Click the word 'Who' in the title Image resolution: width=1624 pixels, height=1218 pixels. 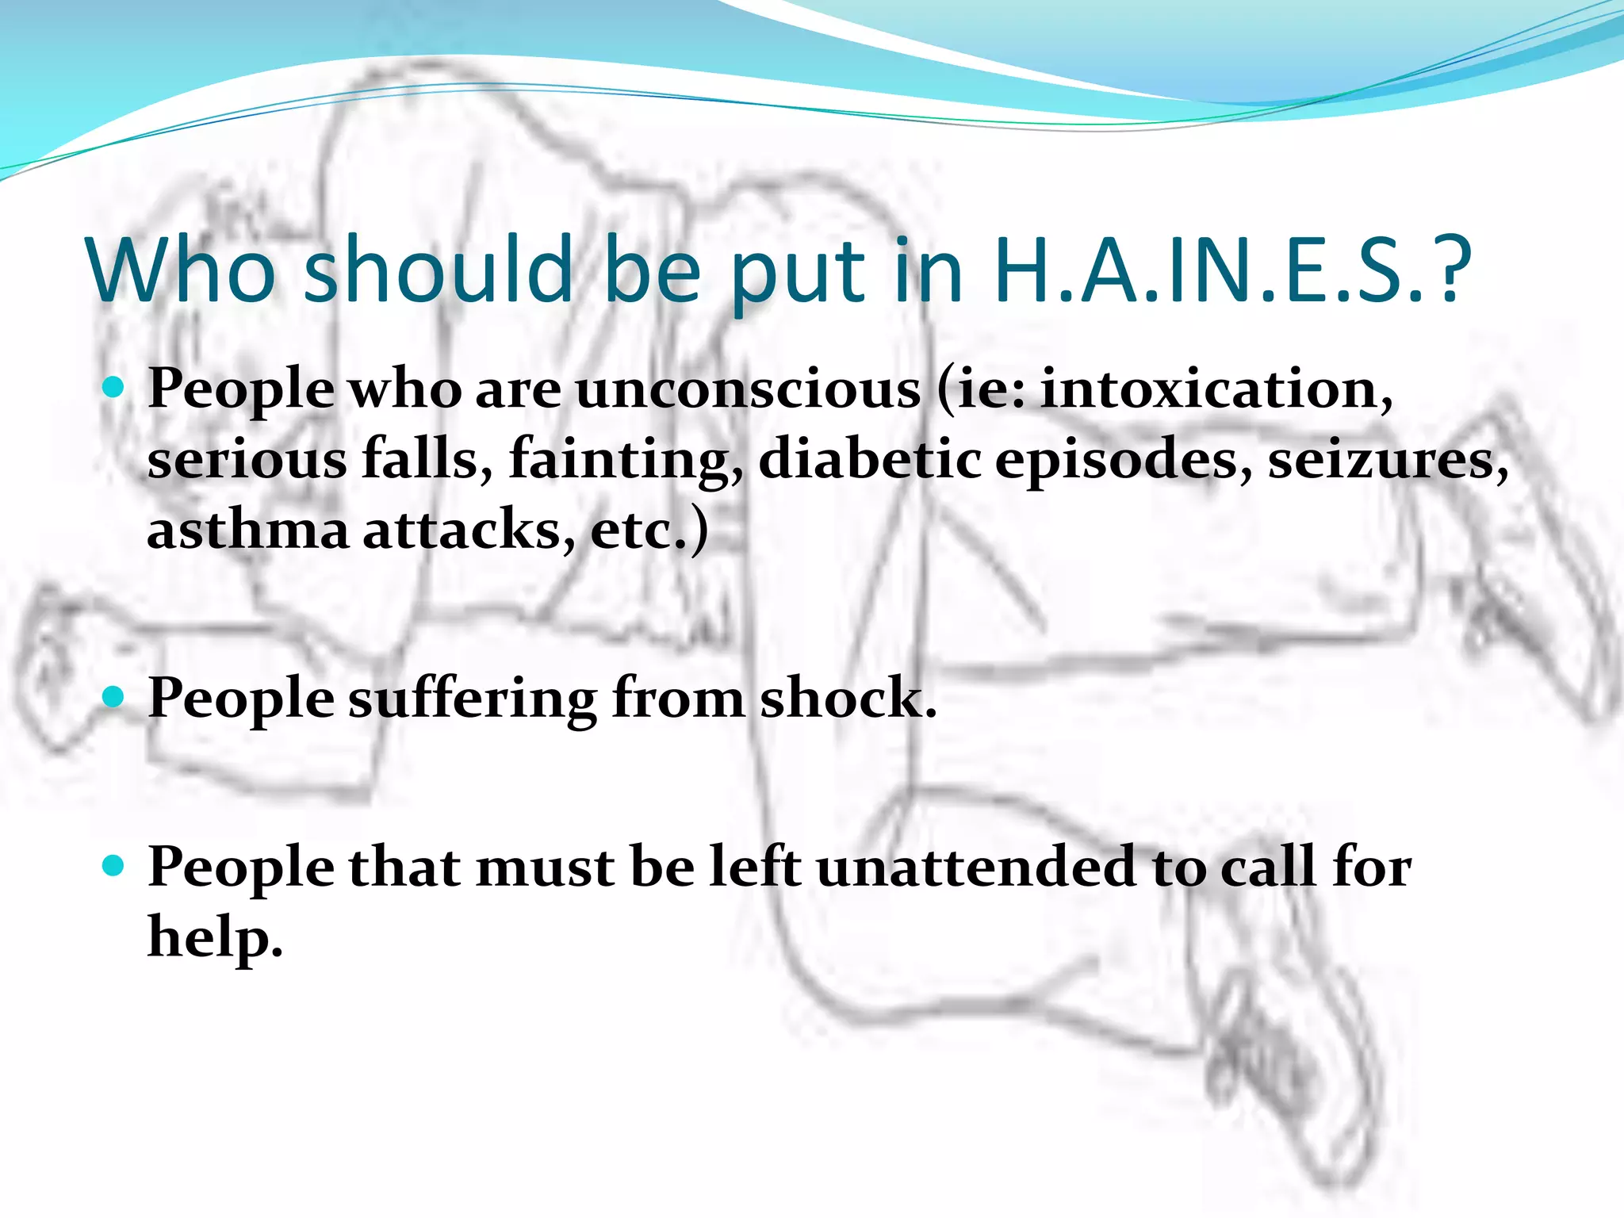click(x=181, y=270)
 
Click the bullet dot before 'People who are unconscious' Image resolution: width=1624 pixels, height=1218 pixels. click(x=114, y=388)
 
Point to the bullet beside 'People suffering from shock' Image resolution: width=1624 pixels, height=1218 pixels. click(x=114, y=697)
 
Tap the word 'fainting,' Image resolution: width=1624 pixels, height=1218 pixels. click(x=626, y=460)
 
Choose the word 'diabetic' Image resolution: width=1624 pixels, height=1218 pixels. click(x=869, y=460)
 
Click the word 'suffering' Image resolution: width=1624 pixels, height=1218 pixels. click(x=473, y=699)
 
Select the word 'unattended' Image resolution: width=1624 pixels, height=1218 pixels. click(x=976, y=868)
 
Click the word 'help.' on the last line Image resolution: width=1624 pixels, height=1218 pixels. click(x=215, y=937)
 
